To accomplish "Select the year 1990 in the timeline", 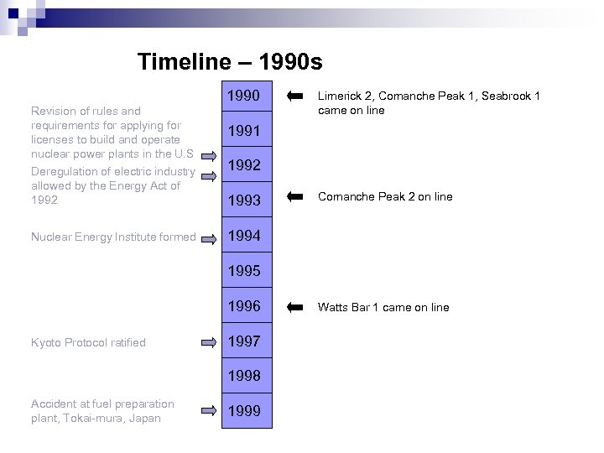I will click(x=244, y=96).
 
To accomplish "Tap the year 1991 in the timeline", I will click(x=244, y=131).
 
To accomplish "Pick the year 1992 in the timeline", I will click(x=244, y=166).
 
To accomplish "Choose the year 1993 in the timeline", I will click(x=244, y=201).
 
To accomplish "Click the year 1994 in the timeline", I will click(x=244, y=237).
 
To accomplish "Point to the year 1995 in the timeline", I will click(x=244, y=271).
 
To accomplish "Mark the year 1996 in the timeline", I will click(x=244, y=306).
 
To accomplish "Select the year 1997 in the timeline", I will click(x=244, y=341).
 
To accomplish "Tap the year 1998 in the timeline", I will click(x=244, y=376).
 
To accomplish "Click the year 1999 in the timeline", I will click(x=244, y=411).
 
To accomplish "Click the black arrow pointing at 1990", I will click(x=294, y=96).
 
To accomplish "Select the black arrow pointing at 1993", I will click(x=294, y=196).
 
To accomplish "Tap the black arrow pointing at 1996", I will click(x=294, y=307).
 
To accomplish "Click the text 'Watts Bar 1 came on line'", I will click(x=383, y=308).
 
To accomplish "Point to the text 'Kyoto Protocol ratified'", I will click(x=88, y=342).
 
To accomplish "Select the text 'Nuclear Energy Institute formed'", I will click(x=112, y=237).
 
